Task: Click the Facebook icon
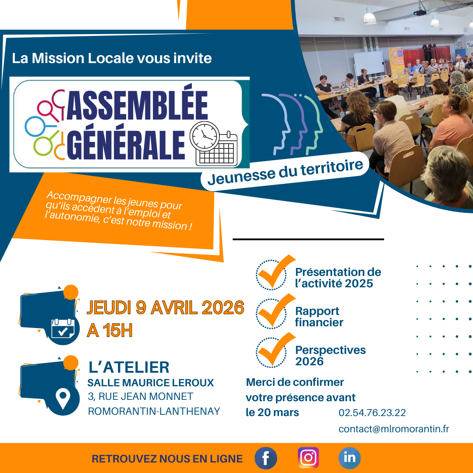266,458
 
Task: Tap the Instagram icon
308,458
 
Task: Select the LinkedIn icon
349,458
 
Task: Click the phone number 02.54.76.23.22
372,413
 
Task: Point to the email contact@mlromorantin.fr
394,429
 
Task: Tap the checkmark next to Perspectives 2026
275,350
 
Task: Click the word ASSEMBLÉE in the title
137,105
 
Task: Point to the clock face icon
205,136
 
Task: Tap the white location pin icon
63,399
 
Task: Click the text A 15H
109,331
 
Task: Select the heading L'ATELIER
129,367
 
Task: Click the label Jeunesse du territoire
285,173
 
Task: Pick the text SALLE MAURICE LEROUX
151,383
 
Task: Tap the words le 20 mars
272,413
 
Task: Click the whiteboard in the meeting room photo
369,63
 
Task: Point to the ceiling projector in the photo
419,12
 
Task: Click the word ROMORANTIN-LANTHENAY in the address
154,411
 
